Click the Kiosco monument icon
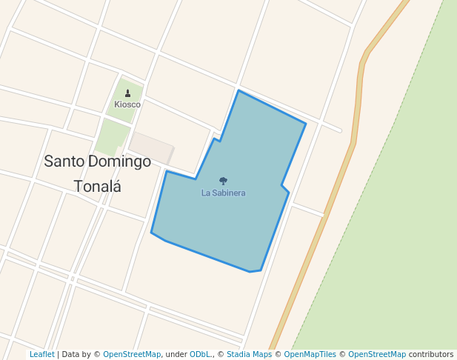pyautogui.click(x=128, y=93)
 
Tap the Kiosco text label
pyautogui.click(x=127, y=104)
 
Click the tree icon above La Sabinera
pyautogui.click(x=223, y=181)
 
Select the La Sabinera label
pyautogui.click(x=223, y=193)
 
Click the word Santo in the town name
pyautogui.click(x=64, y=161)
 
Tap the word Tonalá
pyautogui.click(x=97, y=186)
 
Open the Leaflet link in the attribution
pyautogui.click(x=41, y=355)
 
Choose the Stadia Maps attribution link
pyautogui.click(x=249, y=355)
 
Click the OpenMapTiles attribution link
pyautogui.click(x=310, y=355)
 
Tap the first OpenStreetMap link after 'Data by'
pyautogui.click(x=132, y=355)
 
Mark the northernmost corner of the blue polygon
pyautogui.click(x=238, y=91)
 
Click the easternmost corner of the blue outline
pyautogui.click(x=306, y=123)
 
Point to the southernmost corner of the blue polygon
pyautogui.click(x=250, y=272)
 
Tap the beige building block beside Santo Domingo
pyautogui.click(x=152, y=146)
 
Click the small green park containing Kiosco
pyautogui.click(x=126, y=100)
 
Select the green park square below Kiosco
pyautogui.click(x=112, y=137)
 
